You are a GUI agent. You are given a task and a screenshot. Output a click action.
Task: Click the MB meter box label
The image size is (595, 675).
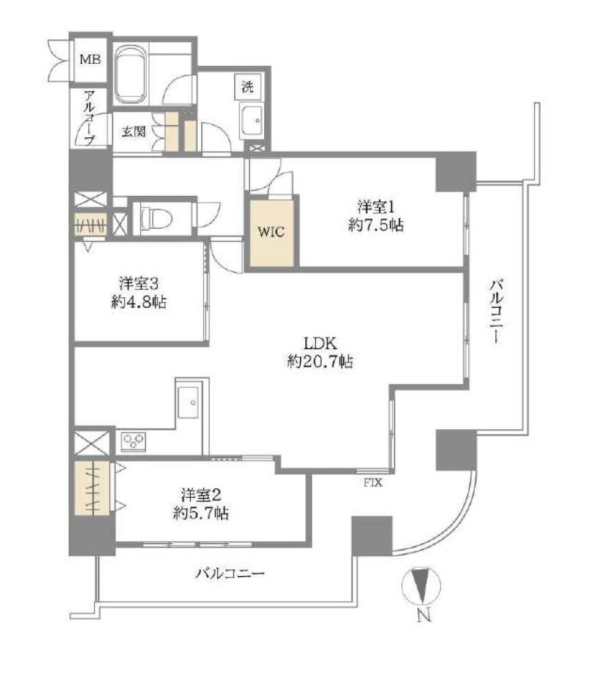tap(91, 59)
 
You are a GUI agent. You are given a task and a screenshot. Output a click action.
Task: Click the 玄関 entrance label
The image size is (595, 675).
tap(133, 131)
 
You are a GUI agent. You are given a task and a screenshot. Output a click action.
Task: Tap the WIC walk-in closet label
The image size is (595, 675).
tap(271, 232)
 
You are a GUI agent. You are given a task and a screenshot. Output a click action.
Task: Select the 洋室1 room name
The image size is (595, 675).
tap(375, 207)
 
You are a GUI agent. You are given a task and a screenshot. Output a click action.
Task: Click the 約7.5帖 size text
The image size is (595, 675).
tap(375, 225)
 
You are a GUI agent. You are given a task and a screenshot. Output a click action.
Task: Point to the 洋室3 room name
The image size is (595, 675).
tap(139, 284)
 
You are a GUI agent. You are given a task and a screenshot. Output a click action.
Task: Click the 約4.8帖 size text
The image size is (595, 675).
tap(139, 301)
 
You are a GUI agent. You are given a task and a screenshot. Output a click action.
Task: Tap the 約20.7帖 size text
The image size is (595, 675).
tap(320, 361)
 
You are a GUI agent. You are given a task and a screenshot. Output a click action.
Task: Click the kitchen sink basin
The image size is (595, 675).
tap(189, 402)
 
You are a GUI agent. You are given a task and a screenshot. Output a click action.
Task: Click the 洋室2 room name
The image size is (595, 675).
tap(201, 495)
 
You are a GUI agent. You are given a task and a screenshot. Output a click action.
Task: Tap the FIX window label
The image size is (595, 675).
tap(373, 483)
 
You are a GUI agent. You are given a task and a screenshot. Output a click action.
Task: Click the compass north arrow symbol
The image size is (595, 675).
tap(421, 586)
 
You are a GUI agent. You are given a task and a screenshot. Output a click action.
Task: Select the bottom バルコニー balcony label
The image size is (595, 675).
tap(230, 573)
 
